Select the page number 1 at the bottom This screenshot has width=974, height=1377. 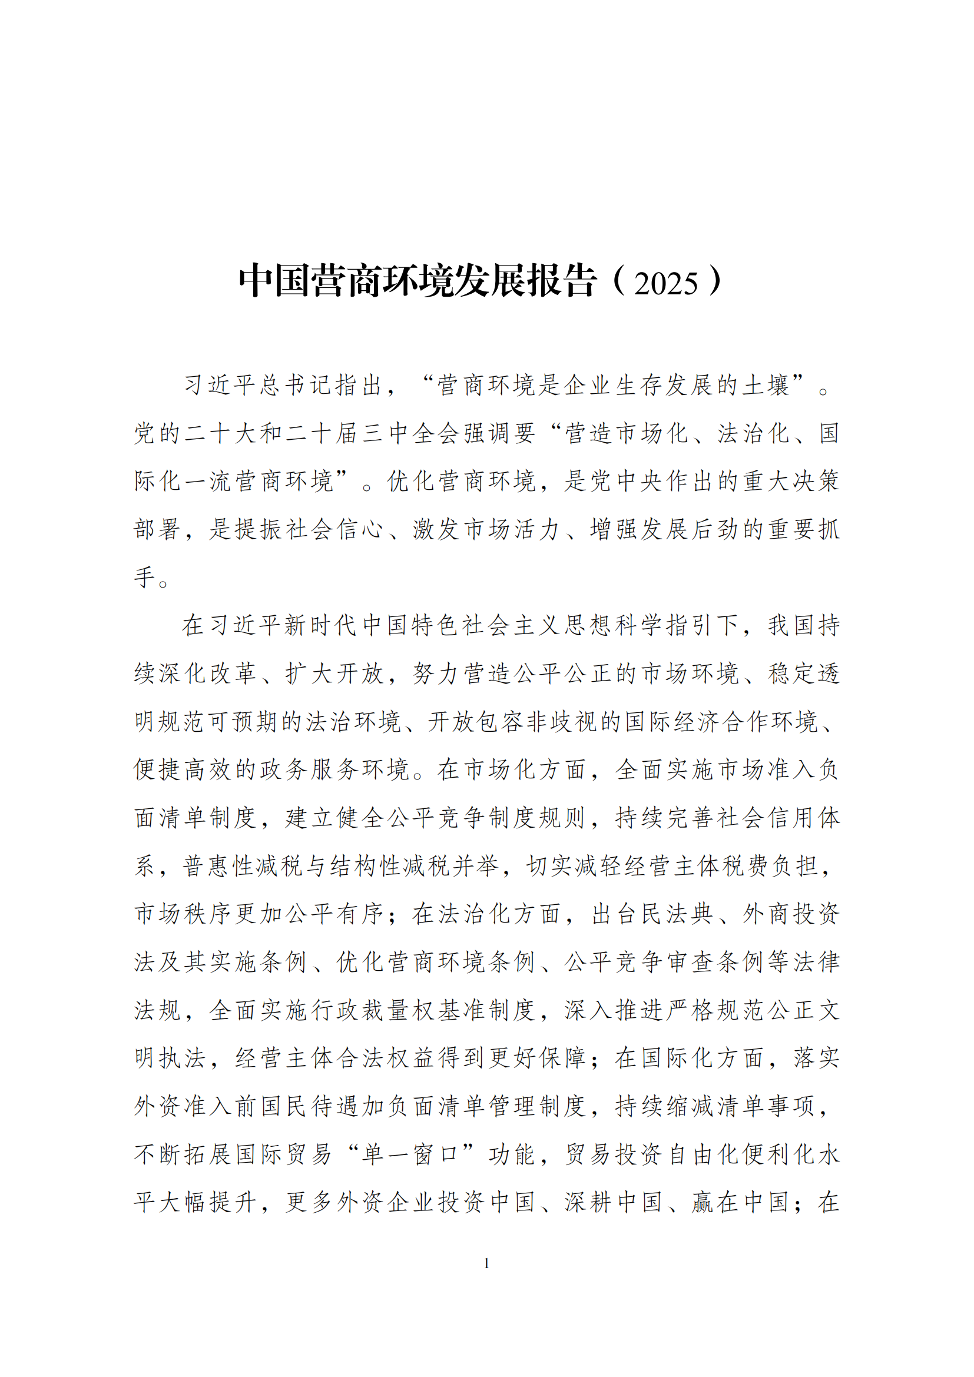(x=486, y=1263)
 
